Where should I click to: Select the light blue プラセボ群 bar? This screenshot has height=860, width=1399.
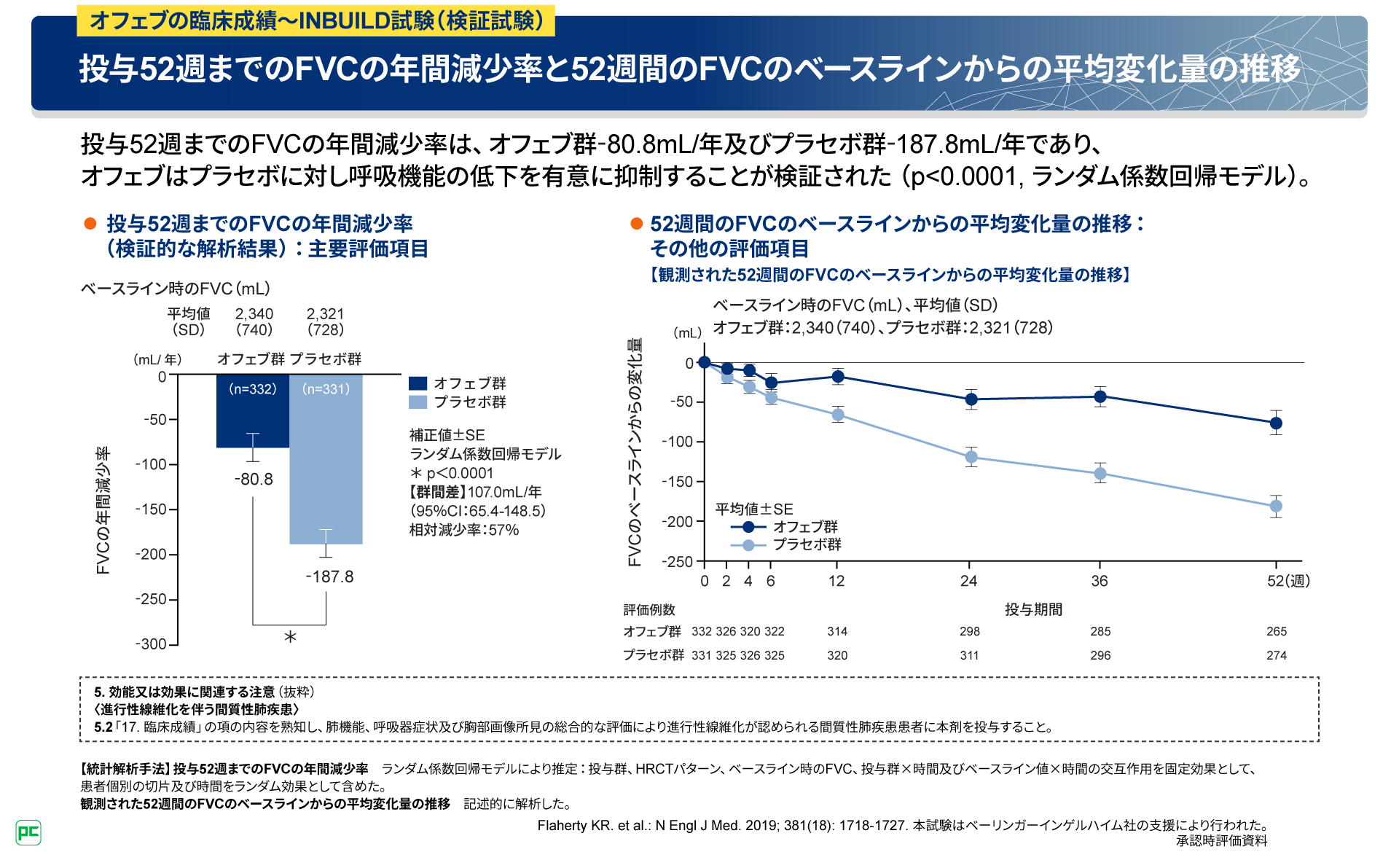326,466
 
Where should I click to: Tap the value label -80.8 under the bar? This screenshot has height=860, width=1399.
254,480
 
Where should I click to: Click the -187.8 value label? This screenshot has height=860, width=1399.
329,576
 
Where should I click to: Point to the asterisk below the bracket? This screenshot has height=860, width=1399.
290,638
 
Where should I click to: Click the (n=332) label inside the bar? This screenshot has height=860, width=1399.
253,389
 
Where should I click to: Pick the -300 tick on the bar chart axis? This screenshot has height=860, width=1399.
152,644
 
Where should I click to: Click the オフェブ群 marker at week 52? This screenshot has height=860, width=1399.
1276,423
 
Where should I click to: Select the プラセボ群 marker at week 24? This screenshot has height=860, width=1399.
971,457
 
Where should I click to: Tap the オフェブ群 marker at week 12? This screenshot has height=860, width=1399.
838,376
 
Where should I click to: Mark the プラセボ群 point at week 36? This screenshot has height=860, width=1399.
1100,474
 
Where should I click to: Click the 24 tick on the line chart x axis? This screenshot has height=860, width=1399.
968,581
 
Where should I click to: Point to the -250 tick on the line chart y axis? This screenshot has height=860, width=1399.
678,562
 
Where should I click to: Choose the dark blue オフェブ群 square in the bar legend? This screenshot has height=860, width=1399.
418,383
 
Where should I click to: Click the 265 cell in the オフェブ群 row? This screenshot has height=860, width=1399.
1277,631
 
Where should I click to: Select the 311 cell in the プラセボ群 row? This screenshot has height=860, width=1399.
969,655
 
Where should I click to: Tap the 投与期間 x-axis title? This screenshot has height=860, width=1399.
1033,609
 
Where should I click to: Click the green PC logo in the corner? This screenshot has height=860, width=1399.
28,832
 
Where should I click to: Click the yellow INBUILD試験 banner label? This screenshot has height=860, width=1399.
316,20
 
